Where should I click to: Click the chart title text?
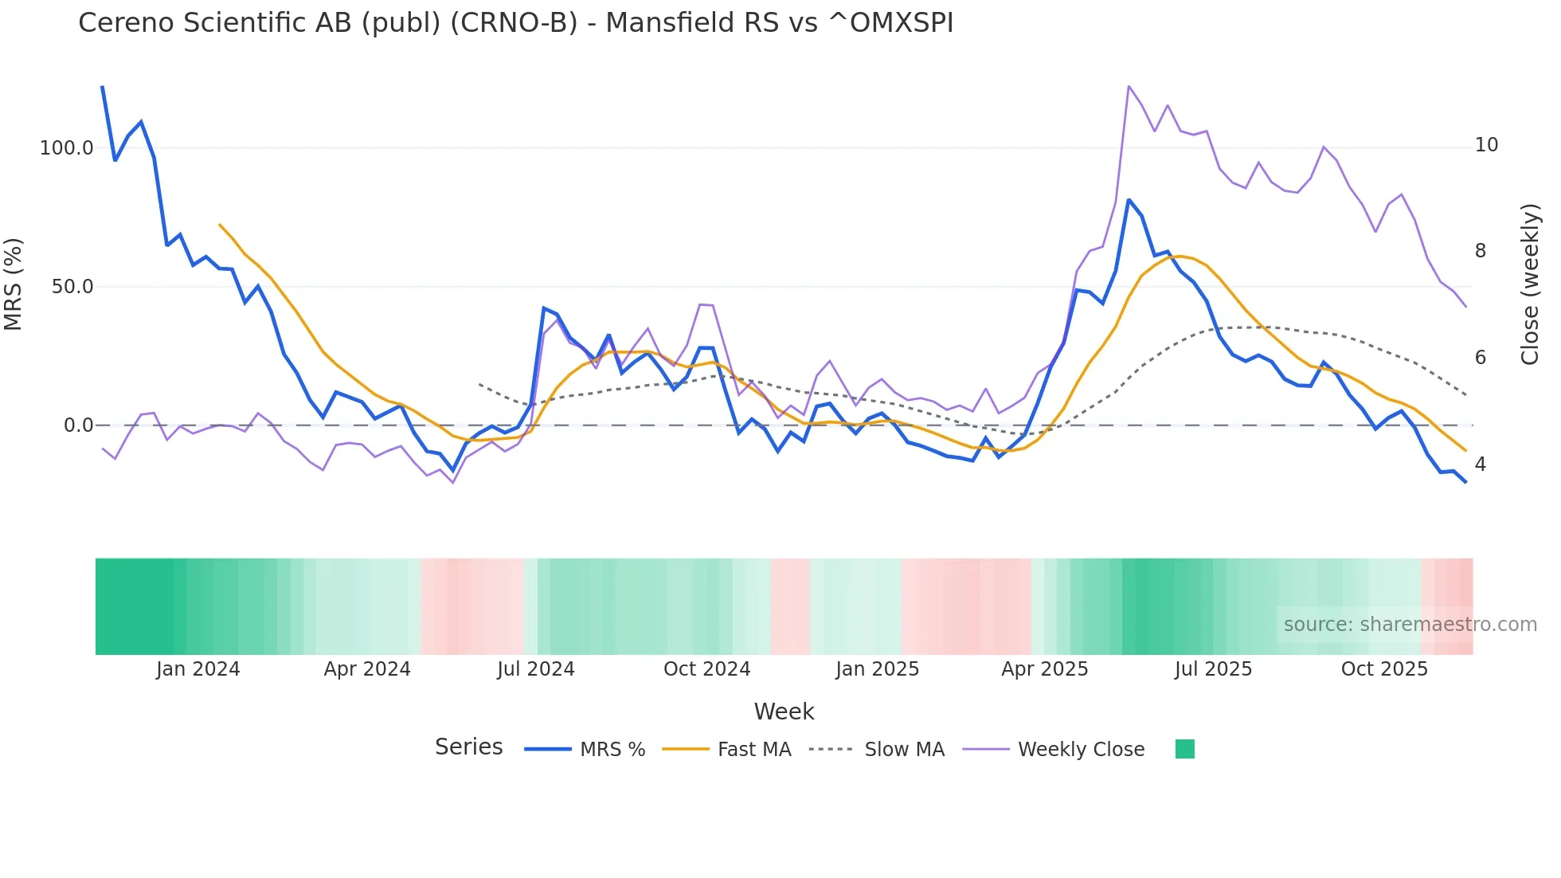[x=515, y=23]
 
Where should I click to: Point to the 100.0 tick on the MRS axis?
[x=67, y=148]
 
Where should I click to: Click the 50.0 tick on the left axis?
[x=72, y=287]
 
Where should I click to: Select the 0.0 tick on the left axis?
[x=78, y=425]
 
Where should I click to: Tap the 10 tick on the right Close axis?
[x=1486, y=145]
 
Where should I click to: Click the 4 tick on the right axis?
[x=1481, y=464]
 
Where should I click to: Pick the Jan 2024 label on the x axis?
[x=198, y=669]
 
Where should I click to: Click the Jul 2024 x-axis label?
[x=535, y=669]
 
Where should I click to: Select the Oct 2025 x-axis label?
[x=1384, y=669]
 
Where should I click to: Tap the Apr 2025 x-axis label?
[x=1044, y=669]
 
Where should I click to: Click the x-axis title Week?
[x=784, y=711]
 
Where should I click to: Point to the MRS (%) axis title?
[x=14, y=284]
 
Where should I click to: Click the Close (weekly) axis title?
[x=1530, y=284]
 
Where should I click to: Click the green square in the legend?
[x=1184, y=749]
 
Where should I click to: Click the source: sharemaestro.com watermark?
[x=1410, y=625]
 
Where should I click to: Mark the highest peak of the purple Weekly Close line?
[x=1129, y=86]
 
